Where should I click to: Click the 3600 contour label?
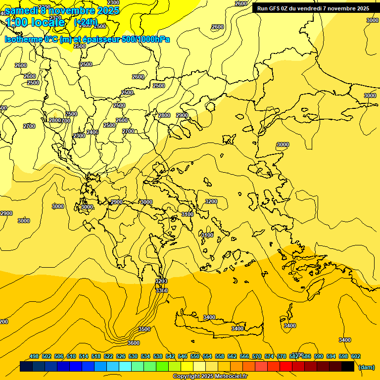tap(133, 343)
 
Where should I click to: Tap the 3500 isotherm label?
tap(144, 329)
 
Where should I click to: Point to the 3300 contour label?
tap(162, 290)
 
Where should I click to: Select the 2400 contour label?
tap(93, 132)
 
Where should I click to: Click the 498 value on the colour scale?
tap(34, 356)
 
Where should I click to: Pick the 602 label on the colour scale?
tap(356, 356)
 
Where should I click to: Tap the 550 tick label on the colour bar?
tap(195, 356)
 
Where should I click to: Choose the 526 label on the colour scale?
tap(121, 356)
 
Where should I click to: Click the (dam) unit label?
tap(366, 367)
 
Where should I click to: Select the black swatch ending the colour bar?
tap(348, 367)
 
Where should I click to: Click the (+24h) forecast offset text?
tap(86, 22)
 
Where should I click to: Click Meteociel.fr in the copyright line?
tap(231, 377)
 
